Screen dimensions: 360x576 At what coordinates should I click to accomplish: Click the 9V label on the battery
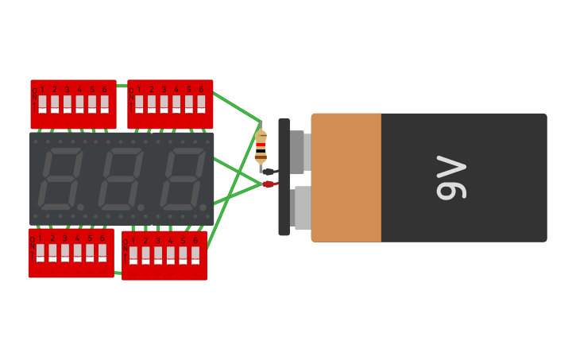click(x=450, y=177)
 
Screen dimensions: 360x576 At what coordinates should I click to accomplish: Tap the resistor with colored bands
click(x=261, y=147)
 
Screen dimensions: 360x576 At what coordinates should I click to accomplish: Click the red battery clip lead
click(x=269, y=184)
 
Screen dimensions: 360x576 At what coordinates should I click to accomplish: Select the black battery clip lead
click(x=269, y=172)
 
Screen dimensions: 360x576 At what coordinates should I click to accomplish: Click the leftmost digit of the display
click(x=60, y=178)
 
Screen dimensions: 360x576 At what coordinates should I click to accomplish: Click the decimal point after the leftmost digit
click(x=80, y=207)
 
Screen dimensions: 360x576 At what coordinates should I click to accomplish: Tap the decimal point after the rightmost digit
click(x=203, y=207)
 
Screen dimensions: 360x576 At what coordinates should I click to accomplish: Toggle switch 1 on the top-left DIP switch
click(x=42, y=104)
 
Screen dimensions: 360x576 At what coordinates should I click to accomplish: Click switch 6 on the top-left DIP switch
click(x=104, y=104)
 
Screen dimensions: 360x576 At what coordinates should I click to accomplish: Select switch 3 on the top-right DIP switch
click(x=164, y=104)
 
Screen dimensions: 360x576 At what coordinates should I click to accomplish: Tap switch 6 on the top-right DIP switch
click(x=201, y=104)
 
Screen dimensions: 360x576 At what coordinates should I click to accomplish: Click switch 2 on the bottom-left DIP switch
click(x=52, y=253)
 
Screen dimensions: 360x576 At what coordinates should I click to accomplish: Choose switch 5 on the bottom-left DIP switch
click(x=90, y=253)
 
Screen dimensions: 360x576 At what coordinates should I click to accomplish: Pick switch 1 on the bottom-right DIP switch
click(x=133, y=255)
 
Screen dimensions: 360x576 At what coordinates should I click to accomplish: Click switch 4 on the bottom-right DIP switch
click(x=170, y=255)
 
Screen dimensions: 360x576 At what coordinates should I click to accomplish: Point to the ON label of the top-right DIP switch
click(x=132, y=97)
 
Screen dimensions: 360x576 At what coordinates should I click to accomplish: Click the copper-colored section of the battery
click(x=346, y=177)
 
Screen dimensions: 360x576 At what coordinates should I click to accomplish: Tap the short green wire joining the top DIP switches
click(x=122, y=85)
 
